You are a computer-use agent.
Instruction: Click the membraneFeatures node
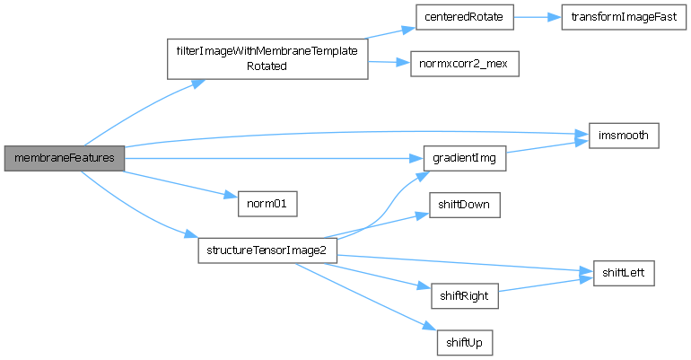[x=64, y=158]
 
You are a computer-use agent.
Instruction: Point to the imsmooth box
[x=624, y=136]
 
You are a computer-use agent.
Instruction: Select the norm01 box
[x=267, y=203]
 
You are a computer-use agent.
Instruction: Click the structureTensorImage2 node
[x=267, y=249]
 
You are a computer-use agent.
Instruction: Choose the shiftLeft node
[x=624, y=271]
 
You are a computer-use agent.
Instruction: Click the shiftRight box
[x=464, y=295]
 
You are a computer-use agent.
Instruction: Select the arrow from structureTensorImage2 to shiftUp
[x=359, y=297]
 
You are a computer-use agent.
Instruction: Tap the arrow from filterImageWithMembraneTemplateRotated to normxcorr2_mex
[x=388, y=62]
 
